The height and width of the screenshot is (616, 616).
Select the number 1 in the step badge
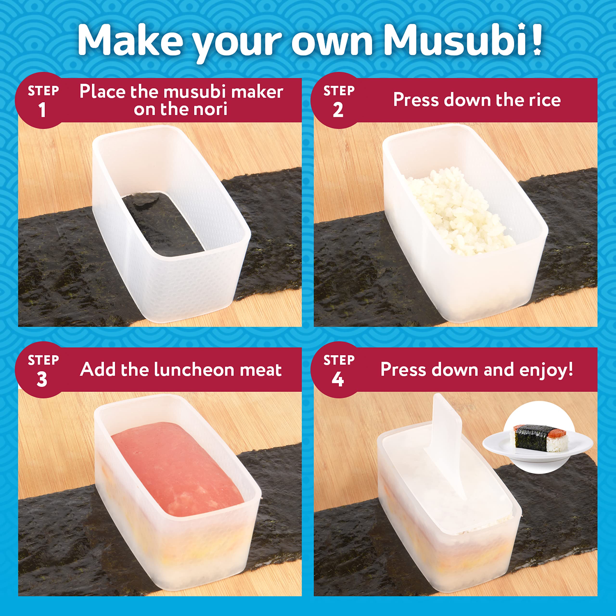point(42,110)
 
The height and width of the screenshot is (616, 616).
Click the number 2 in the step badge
point(338,110)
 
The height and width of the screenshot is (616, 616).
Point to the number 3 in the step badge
point(42,380)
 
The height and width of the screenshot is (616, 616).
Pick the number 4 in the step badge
point(338,380)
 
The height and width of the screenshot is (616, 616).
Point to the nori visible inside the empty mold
point(163,223)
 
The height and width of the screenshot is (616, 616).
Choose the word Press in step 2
point(416,100)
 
